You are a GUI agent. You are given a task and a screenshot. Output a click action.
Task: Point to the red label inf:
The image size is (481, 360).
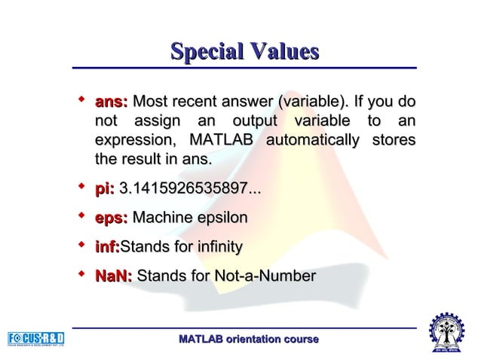(x=107, y=247)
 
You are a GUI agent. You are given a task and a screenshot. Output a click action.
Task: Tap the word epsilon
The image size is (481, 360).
(x=219, y=218)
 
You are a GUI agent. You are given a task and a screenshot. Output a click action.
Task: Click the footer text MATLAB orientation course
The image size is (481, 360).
(x=248, y=340)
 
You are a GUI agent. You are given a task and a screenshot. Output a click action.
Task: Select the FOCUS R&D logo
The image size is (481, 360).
(x=36, y=338)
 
